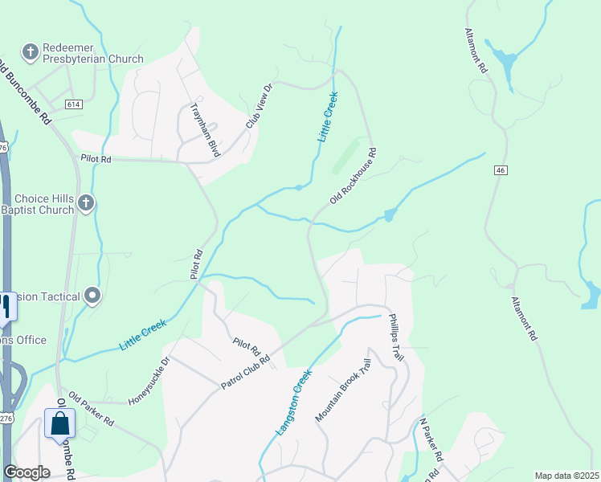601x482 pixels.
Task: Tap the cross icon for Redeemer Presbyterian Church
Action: [x=31, y=52]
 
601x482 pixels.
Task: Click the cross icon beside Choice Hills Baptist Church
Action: [x=86, y=202]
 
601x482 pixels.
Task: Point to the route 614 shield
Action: [x=74, y=104]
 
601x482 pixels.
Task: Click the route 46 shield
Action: [x=501, y=170]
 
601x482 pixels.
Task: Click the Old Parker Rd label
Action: [x=91, y=409]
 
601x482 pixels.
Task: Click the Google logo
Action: [x=27, y=472]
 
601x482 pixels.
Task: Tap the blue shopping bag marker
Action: [x=59, y=423]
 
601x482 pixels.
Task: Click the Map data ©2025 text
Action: [x=566, y=476]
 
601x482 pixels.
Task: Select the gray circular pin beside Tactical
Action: [x=92, y=297]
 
